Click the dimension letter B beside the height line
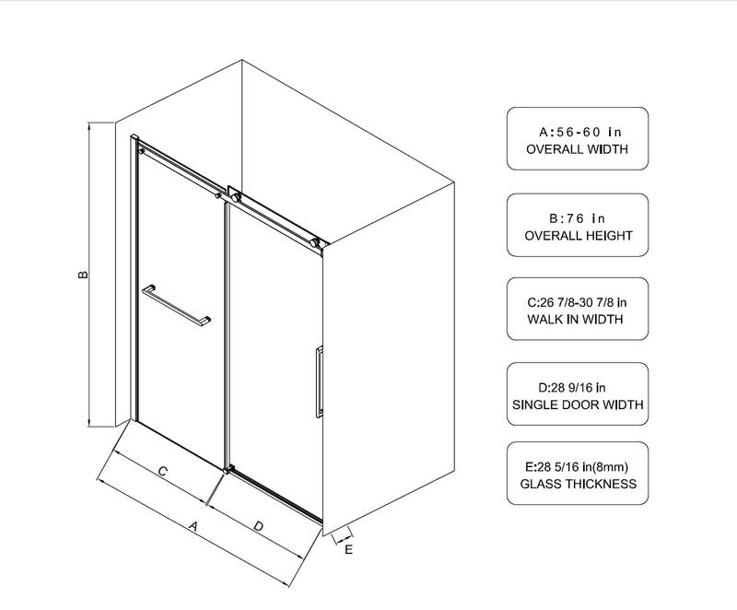point(83,274)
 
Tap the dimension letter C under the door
point(163,471)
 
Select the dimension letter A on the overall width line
point(193,526)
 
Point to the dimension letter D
point(258,526)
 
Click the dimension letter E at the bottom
point(349,549)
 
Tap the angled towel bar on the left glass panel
point(176,305)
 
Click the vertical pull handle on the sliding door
point(319,382)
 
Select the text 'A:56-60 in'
point(580,132)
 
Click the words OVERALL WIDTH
point(578,149)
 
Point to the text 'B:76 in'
point(578,218)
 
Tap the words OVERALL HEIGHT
point(579,236)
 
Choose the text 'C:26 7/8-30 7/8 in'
point(577,302)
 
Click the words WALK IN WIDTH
point(575,320)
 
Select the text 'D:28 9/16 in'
point(571,388)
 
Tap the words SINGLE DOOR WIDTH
point(578,405)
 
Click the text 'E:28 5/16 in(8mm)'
point(577,467)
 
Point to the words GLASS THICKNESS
point(579,484)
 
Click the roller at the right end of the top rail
point(314,243)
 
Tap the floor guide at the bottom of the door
point(228,469)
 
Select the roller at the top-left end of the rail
point(141,151)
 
